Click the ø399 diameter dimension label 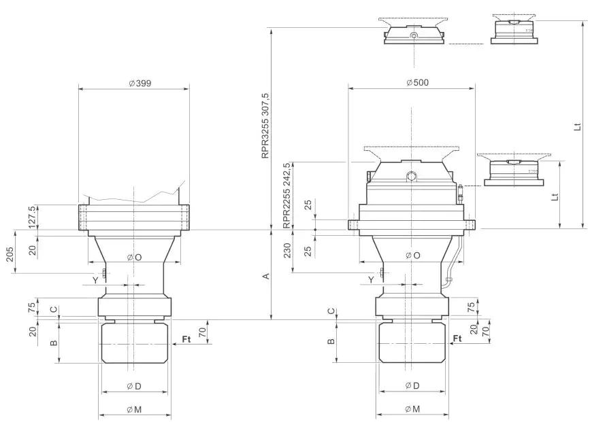click(140, 83)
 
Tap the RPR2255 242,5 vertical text click(286, 195)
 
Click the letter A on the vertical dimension click(267, 275)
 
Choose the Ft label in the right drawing click(457, 337)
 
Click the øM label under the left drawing click(135, 409)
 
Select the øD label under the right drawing click(412, 385)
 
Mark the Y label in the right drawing click(371, 279)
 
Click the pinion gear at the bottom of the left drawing click(134, 343)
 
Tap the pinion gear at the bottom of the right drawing click(412, 343)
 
